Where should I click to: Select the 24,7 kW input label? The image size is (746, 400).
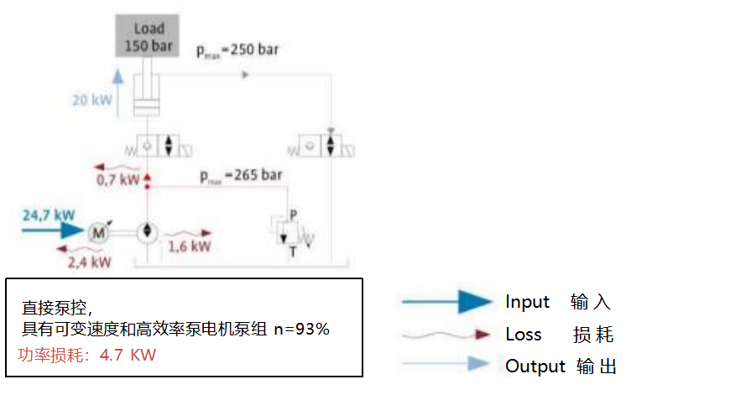44,216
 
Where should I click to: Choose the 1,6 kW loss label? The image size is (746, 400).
189,247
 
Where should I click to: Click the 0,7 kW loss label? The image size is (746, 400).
117,179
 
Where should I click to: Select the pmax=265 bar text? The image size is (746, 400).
241,177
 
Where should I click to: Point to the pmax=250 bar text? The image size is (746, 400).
237,49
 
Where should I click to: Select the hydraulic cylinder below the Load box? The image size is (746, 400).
148,94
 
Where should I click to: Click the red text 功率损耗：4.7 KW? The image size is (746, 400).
87,356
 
